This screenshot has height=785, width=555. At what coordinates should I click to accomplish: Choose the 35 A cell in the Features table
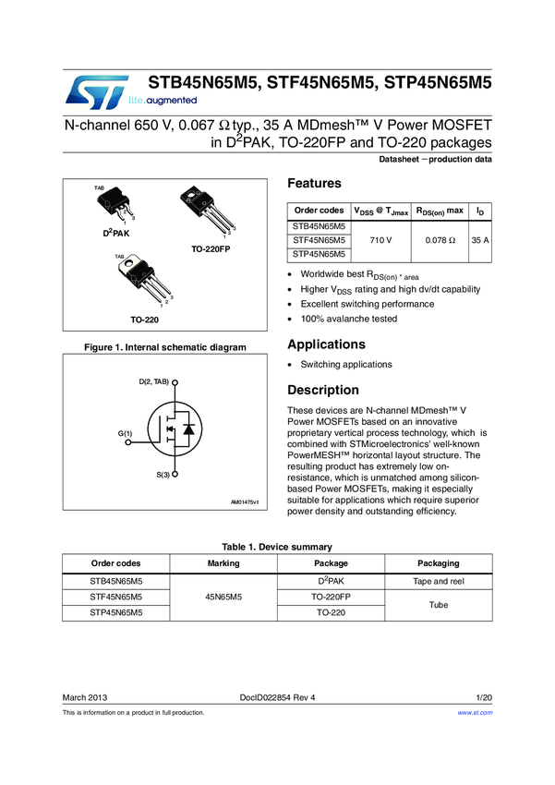[479, 240]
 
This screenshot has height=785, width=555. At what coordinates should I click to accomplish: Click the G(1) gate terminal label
[125, 433]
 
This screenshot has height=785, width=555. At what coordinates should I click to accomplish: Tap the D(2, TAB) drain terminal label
[153, 381]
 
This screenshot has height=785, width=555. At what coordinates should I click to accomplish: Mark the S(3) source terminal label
[163, 474]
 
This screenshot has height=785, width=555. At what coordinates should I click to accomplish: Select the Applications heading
[326, 344]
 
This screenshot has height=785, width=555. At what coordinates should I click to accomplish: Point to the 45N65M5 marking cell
[223, 598]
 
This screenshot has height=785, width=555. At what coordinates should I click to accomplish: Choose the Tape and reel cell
[438, 582]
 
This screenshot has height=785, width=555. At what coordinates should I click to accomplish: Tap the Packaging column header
[438, 563]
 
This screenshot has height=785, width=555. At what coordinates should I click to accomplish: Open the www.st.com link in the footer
[475, 713]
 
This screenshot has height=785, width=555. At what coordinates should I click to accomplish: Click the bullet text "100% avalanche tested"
[349, 319]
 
